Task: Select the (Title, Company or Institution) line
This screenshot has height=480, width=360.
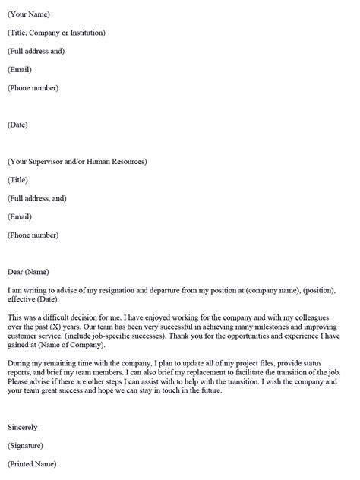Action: (56, 33)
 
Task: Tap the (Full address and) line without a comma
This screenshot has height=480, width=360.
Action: (36, 51)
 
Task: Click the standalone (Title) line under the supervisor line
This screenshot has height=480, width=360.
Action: (18, 180)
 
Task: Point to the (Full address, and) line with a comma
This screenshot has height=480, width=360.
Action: (37, 198)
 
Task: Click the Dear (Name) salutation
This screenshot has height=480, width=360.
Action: (28, 272)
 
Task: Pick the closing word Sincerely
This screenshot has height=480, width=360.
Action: (22, 427)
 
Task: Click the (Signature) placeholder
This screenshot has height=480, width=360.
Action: (25, 445)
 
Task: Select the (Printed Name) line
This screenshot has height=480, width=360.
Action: (32, 463)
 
